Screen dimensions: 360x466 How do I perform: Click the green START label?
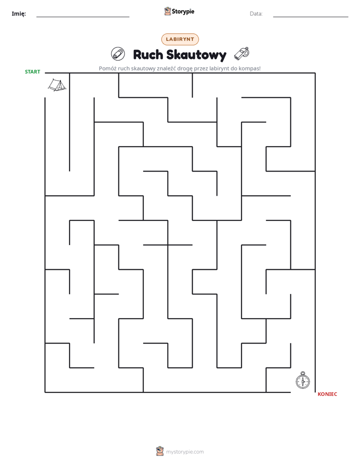(x=32, y=72)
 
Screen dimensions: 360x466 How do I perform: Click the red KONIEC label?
(x=327, y=394)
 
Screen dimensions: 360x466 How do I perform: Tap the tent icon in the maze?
(x=57, y=85)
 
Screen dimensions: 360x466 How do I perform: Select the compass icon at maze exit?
(x=303, y=380)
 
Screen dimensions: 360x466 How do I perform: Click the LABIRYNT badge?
(x=180, y=39)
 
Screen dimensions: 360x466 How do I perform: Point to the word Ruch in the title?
(x=148, y=54)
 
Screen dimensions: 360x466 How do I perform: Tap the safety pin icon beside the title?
(x=118, y=54)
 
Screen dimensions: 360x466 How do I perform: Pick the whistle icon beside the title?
(x=242, y=53)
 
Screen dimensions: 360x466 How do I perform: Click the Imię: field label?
(x=19, y=14)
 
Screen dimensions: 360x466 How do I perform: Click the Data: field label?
(x=256, y=14)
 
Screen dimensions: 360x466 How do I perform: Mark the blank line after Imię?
(x=83, y=17)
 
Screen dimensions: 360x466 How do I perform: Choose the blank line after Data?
(x=311, y=17)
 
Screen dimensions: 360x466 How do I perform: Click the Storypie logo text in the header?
(x=183, y=12)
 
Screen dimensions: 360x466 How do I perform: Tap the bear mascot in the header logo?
(x=167, y=11)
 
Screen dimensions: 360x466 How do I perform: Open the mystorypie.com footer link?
(x=185, y=452)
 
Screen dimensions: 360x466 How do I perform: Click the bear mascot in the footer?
(x=160, y=451)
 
